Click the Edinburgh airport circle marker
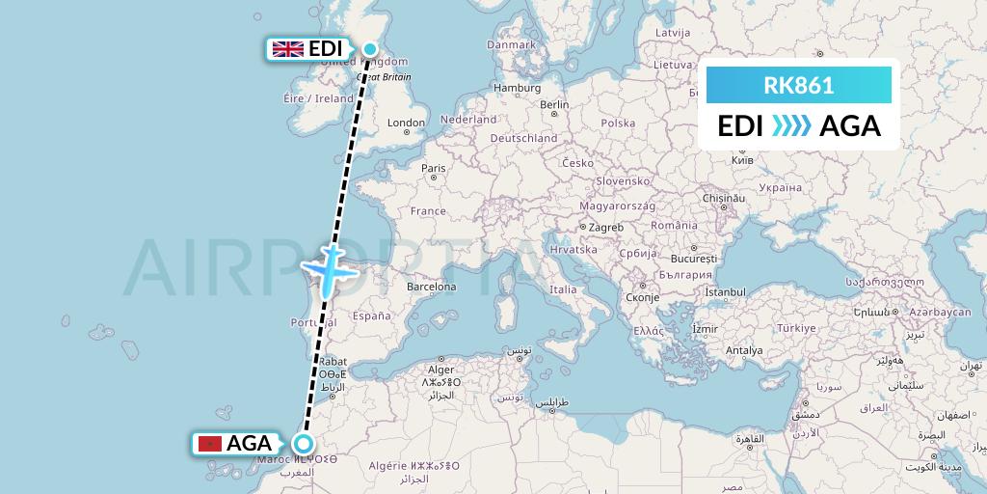click(x=370, y=48)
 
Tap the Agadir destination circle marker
click(x=304, y=444)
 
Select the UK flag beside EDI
click(x=288, y=49)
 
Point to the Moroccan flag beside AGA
click(x=209, y=444)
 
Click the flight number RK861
click(x=798, y=85)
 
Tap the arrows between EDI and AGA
click(x=791, y=126)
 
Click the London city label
click(x=406, y=123)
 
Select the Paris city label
click(x=433, y=168)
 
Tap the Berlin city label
click(x=554, y=105)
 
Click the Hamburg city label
click(x=517, y=88)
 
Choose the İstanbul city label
click(x=725, y=291)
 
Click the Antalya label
click(x=743, y=350)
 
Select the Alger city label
click(x=440, y=370)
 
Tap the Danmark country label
click(x=511, y=44)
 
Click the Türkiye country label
click(x=795, y=328)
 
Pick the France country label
click(x=428, y=210)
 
